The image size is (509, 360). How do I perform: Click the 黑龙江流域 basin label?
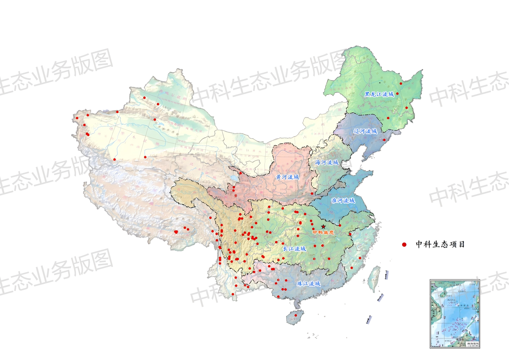click(379, 94)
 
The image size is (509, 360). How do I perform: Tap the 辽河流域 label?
click(365, 131)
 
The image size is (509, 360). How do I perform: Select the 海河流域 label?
click(327, 162)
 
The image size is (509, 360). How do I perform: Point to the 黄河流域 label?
click(287, 177)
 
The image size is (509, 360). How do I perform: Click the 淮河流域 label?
click(343, 200)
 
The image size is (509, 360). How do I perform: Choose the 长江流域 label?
click(294, 249)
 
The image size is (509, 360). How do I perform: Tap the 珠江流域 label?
click(308, 283)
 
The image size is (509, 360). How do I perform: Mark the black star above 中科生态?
click(323, 226)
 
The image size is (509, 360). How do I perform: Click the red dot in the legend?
click(404, 244)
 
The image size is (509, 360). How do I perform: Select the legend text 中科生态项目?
click(440, 244)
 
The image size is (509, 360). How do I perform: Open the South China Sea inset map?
click(455, 314)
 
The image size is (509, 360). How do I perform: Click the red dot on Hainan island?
click(296, 315)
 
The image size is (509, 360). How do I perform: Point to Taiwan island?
click(374, 278)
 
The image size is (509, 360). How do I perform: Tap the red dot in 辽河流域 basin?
click(384, 139)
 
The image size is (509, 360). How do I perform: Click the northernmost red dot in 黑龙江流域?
click(401, 83)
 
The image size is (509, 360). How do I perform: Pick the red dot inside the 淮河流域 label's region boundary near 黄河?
click(312, 193)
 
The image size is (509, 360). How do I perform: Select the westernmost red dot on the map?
click(77, 118)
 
